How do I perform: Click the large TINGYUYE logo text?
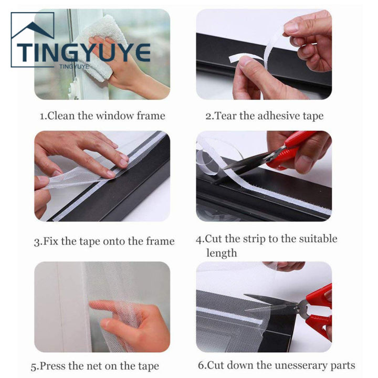click(x=83, y=52)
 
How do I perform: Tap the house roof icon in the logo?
click(x=32, y=29)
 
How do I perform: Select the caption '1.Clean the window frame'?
click(x=102, y=116)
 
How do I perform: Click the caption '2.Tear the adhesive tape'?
click(x=264, y=116)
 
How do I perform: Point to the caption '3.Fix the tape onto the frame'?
click(x=104, y=241)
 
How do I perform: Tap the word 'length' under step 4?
click(x=222, y=253)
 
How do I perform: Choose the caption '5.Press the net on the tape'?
click(x=94, y=366)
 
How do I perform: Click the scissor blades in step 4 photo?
click(x=247, y=162)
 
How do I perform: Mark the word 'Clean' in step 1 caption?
click(x=61, y=116)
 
